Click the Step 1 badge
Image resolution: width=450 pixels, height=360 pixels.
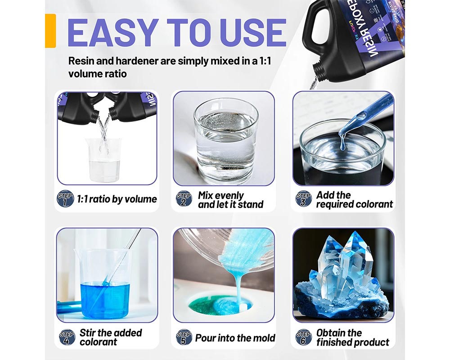pos(65,198)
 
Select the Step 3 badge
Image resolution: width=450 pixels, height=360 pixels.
pos(304,198)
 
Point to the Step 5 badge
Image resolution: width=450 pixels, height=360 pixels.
pos(184,337)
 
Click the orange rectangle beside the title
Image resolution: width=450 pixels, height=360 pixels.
pos(50,30)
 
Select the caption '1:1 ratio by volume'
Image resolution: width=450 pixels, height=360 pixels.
pos(117,199)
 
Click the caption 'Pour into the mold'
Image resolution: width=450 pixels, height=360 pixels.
pos(235,337)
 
